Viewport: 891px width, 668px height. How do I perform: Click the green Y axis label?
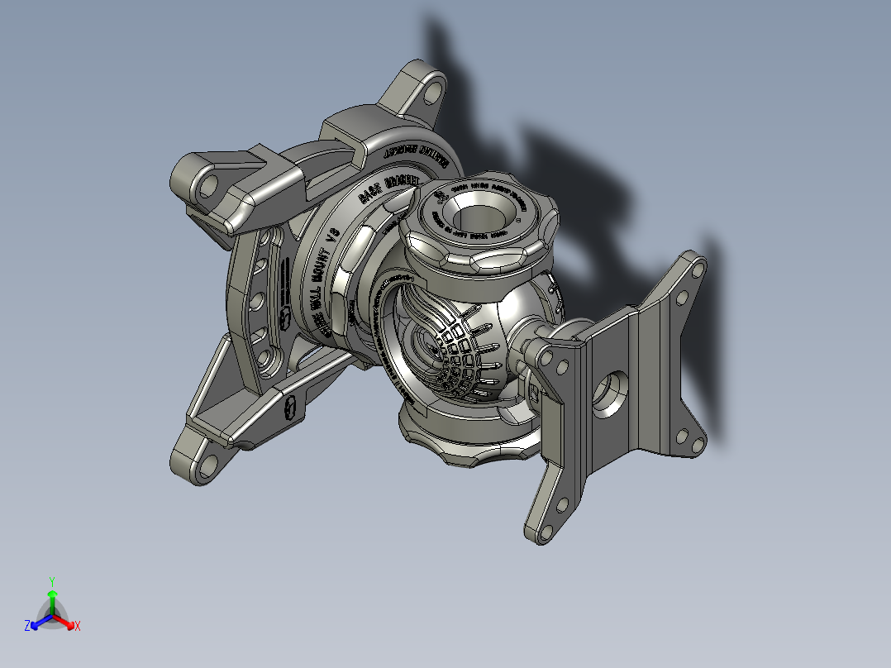pos(51,581)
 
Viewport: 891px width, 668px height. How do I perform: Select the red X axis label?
pos(77,627)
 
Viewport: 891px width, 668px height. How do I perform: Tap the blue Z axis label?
pos(27,627)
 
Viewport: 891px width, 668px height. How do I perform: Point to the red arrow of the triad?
pos(66,623)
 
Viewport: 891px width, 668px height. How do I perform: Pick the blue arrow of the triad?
pos(37,623)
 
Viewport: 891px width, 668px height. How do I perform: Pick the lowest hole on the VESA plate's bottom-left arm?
pos(542,529)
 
